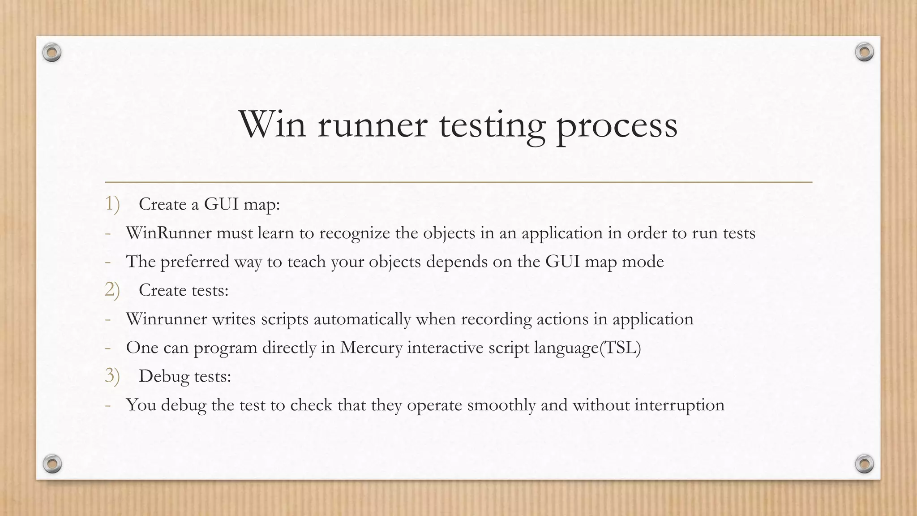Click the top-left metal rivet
(52, 53)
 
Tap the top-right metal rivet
(864, 52)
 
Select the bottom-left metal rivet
(52, 463)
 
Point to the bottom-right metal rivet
(864, 463)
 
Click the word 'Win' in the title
(273, 124)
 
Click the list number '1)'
(112, 204)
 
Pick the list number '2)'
(112, 290)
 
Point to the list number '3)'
(112, 376)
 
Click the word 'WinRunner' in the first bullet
(168, 233)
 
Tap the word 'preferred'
(195, 262)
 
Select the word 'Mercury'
(371, 348)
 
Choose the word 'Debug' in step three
(164, 377)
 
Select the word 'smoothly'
(501, 405)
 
